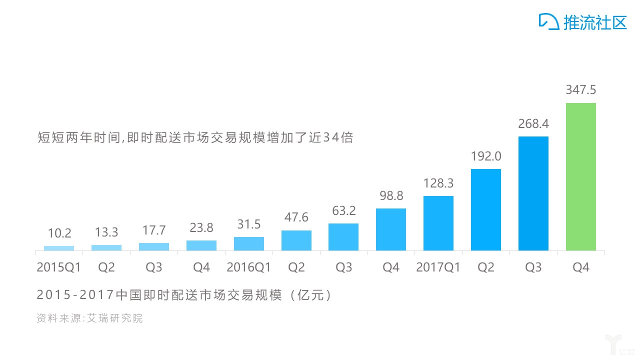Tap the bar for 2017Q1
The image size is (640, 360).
tap(438, 223)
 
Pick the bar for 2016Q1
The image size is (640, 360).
tap(248, 243)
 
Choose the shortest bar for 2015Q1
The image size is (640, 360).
tap(59, 248)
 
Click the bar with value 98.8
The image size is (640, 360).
tap(390, 229)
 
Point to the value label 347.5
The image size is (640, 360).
tap(580, 90)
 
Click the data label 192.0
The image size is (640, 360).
tap(485, 156)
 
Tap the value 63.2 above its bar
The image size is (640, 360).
tap(343, 210)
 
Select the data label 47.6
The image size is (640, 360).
tap(296, 217)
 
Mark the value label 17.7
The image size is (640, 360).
tap(153, 230)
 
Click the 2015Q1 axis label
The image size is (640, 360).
tap(59, 267)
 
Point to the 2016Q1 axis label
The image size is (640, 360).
tap(248, 267)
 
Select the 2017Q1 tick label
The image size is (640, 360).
tap(438, 267)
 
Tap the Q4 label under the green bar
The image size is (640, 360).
tap(580, 267)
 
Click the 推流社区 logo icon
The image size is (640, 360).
tap(549, 21)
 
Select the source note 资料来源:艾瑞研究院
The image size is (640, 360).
tap(89, 318)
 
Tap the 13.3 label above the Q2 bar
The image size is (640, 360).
tap(106, 232)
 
